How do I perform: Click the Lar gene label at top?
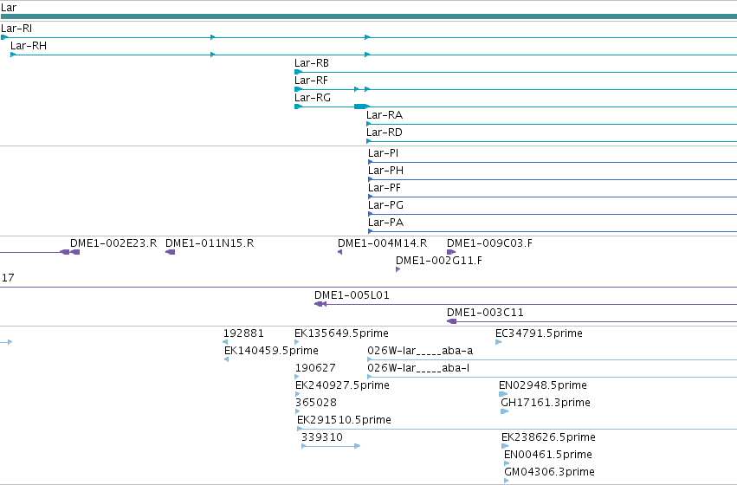pyautogui.click(x=9, y=8)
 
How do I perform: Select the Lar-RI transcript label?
pyautogui.click(x=16, y=29)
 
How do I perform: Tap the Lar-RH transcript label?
pyautogui.click(x=29, y=46)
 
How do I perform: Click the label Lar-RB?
pyautogui.click(x=312, y=63)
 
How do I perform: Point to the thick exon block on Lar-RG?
pyautogui.click(x=360, y=107)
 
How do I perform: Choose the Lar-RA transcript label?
pyautogui.click(x=385, y=115)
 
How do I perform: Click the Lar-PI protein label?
pyautogui.click(x=383, y=153)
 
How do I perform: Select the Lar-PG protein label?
pyautogui.click(x=386, y=205)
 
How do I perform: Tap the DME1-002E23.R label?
pyautogui.click(x=113, y=243)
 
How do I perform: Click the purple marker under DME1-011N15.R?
pyautogui.click(x=170, y=252)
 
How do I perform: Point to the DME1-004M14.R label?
pyautogui.click(x=382, y=243)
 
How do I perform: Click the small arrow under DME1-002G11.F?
pyautogui.click(x=398, y=269)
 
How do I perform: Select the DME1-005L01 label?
pyautogui.click(x=352, y=295)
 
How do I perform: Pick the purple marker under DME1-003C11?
pyautogui.click(x=452, y=321)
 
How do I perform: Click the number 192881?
pyautogui.click(x=243, y=333)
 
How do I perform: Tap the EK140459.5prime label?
pyautogui.click(x=271, y=351)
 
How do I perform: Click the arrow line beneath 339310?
pyautogui.click(x=331, y=446)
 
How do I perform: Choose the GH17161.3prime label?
pyautogui.click(x=546, y=402)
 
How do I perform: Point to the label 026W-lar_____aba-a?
pyautogui.click(x=420, y=351)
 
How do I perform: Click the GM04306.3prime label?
pyautogui.click(x=549, y=471)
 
